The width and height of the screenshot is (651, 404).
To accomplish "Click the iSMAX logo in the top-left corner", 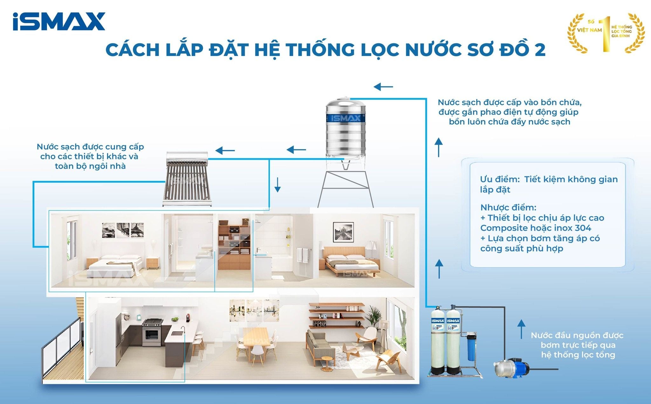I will point(59,21).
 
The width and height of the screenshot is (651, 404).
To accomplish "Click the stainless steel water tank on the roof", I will point(346,129).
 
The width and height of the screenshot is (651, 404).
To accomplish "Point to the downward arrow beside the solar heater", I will point(278,185).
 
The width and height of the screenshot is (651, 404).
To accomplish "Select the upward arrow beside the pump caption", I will point(521,329).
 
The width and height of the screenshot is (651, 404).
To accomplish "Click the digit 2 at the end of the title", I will point(539,50).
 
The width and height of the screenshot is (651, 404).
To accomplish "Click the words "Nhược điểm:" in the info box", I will point(508,208).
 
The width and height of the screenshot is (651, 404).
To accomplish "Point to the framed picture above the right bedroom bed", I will point(343,232).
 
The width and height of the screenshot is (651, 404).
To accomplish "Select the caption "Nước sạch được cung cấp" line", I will point(90,147).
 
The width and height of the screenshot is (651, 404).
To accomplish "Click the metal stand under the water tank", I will point(346,188).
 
